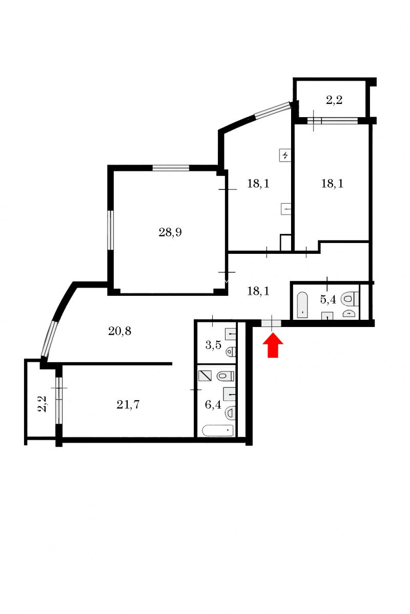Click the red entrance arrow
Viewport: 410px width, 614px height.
pos(273,345)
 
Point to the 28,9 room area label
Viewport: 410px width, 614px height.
pos(170,232)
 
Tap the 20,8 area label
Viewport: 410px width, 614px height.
pos(119,331)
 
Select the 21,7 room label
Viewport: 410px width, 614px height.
pos(128,405)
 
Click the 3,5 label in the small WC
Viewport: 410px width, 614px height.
pos(213,345)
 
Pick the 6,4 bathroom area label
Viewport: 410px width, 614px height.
pos(213,405)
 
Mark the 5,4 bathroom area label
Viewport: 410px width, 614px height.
pos(328,300)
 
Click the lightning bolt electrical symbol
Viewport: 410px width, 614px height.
pos(285,156)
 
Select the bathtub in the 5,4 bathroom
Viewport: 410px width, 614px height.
pos(302,305)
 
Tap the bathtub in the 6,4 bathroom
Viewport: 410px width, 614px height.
pos(218,430)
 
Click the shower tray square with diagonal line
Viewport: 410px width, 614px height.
pos(204,376)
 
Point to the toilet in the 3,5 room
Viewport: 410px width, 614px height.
pos(231,351)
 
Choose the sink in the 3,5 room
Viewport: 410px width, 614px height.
pos(231,334)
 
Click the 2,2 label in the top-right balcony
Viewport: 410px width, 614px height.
pos(334,100)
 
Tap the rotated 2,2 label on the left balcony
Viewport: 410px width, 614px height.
pos(43,404)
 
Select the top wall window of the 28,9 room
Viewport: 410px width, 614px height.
pos(171,168)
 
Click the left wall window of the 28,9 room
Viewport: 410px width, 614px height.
pos(110,230)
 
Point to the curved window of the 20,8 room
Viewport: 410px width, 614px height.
pos(49,339)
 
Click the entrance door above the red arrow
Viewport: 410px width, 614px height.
pos(271,323)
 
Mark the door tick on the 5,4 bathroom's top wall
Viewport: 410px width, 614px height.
pos(327,283)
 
